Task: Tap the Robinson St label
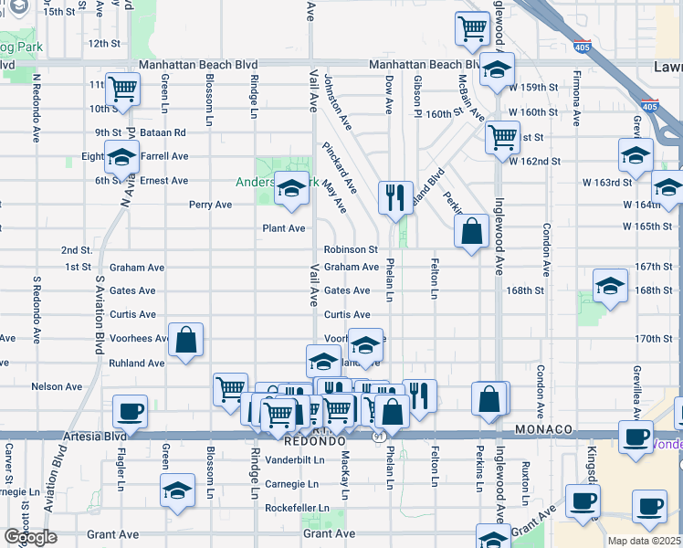pos(351,249)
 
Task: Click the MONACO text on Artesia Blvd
pos(542,429)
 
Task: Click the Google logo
pos(30,537)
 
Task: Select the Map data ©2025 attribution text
pos(645,541)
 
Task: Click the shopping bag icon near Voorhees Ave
pos(185,340)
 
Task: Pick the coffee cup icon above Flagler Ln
pos(129,411)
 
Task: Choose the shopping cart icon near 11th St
pos(121,90)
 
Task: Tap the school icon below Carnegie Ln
pos(177,490)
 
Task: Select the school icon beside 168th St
pos(610,286)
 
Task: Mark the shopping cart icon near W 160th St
pos(502,137)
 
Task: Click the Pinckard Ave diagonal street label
pos(339,161)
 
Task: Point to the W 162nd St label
pos(560,161)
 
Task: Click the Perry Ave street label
pos(211,205)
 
